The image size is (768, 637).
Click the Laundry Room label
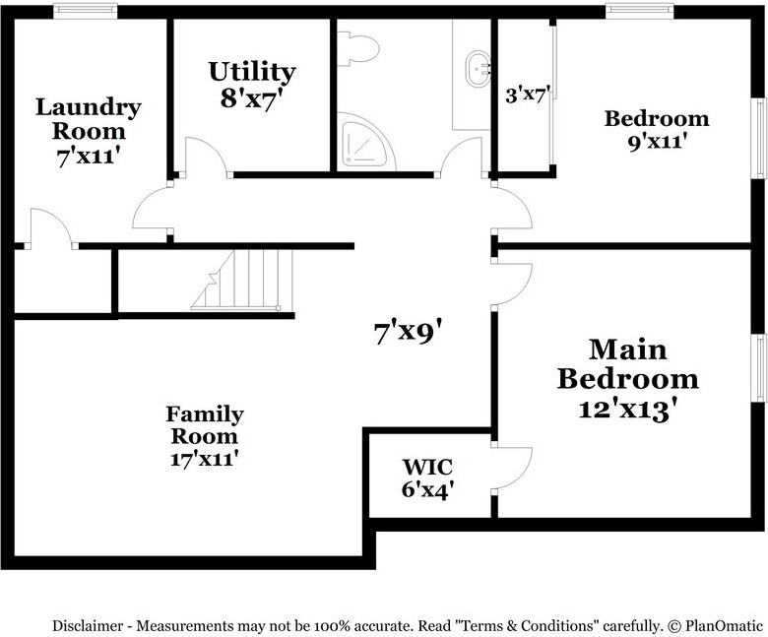[x=88, y=118]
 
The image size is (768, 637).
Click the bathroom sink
[x=480, y=67]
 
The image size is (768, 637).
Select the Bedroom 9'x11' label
[x=656, y=118]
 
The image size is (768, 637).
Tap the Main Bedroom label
[x=627, y=364]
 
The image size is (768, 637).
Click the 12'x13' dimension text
[x=627, y=409]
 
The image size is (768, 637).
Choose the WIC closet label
[x=427, y=466]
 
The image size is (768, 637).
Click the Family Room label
[x=204, y=424]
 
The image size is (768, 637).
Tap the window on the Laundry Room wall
[x=85, y=11]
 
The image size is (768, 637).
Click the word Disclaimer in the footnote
[x=89, y=625]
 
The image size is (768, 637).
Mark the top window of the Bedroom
[x=639, y=11]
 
